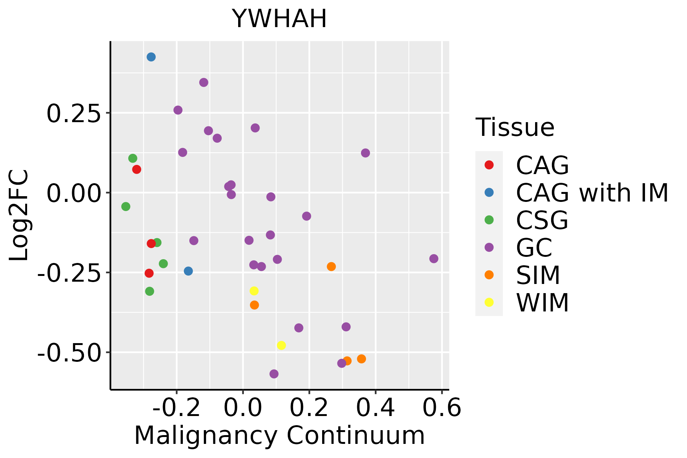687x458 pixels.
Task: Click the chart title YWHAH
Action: (279, 19)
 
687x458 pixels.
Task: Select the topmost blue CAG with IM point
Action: (151, 57)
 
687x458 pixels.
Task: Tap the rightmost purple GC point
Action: (434, 259)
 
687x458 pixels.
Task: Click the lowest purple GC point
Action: (274, 374)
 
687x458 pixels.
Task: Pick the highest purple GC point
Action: (204, 82)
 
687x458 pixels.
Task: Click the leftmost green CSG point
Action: (126, 206)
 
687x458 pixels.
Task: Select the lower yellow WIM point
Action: (281, 345)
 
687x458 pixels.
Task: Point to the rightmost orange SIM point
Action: (361, 359)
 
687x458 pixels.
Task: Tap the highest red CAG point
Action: (137, 169)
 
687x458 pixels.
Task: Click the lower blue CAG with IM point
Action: (188, 271)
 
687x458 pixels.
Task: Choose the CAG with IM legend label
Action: (592, 193)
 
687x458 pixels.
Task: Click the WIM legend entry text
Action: (542, 303)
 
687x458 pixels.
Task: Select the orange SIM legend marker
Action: (489, 275)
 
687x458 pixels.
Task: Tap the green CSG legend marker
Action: (489, 220)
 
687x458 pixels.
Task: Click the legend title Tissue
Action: (515, 127)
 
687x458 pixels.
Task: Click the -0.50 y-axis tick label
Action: (69, 353)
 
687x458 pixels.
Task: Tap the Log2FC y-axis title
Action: (19, 215)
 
